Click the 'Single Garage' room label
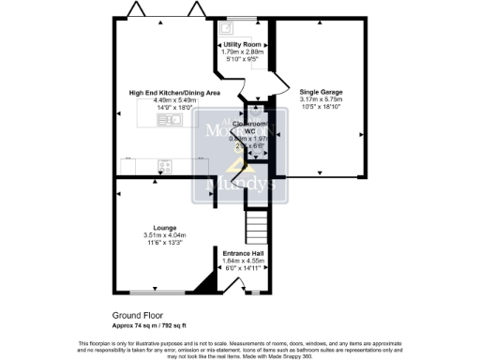click(321, 92)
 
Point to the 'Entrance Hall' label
click(243, 252)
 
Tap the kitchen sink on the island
click(169, 120)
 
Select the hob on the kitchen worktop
click(165, 167)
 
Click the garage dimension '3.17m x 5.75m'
click(321, 98)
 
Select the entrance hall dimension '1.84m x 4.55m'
click(243, 261)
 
